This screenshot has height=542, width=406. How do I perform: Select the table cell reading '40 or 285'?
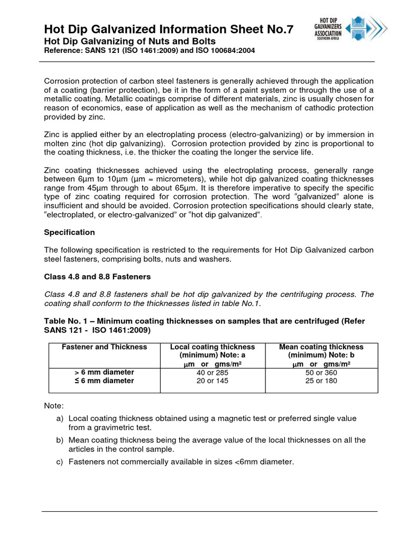click(211, 372)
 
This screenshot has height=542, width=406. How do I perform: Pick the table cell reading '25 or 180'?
click(321, 381)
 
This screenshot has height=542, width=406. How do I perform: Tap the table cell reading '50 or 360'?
click(321, 372)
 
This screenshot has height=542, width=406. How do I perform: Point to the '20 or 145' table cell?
click(211, 381)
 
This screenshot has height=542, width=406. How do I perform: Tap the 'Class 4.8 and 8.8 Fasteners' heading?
click(97, 276)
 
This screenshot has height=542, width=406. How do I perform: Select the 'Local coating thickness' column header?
click(212, 347)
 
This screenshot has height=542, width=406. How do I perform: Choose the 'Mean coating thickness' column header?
click(321, 347)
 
